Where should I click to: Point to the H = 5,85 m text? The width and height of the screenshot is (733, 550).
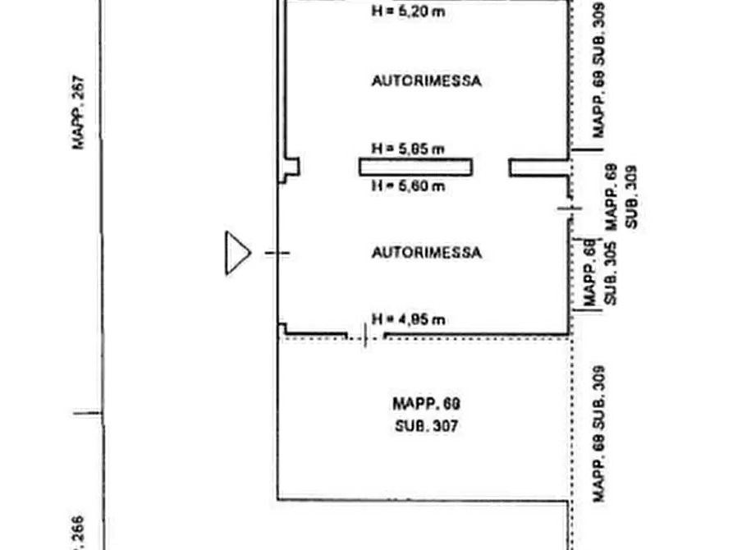(408, 149)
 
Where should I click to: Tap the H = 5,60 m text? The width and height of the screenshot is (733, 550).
(408, 186)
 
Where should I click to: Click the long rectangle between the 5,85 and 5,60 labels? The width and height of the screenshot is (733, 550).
(415, 167)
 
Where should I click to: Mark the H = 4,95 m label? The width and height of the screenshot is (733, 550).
(408, 319)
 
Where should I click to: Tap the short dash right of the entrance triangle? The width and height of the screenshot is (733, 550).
(277, 253)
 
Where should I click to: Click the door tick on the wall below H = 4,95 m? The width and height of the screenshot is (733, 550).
(365, 336)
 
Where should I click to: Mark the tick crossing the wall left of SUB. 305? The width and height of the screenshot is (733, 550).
(568, 210)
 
